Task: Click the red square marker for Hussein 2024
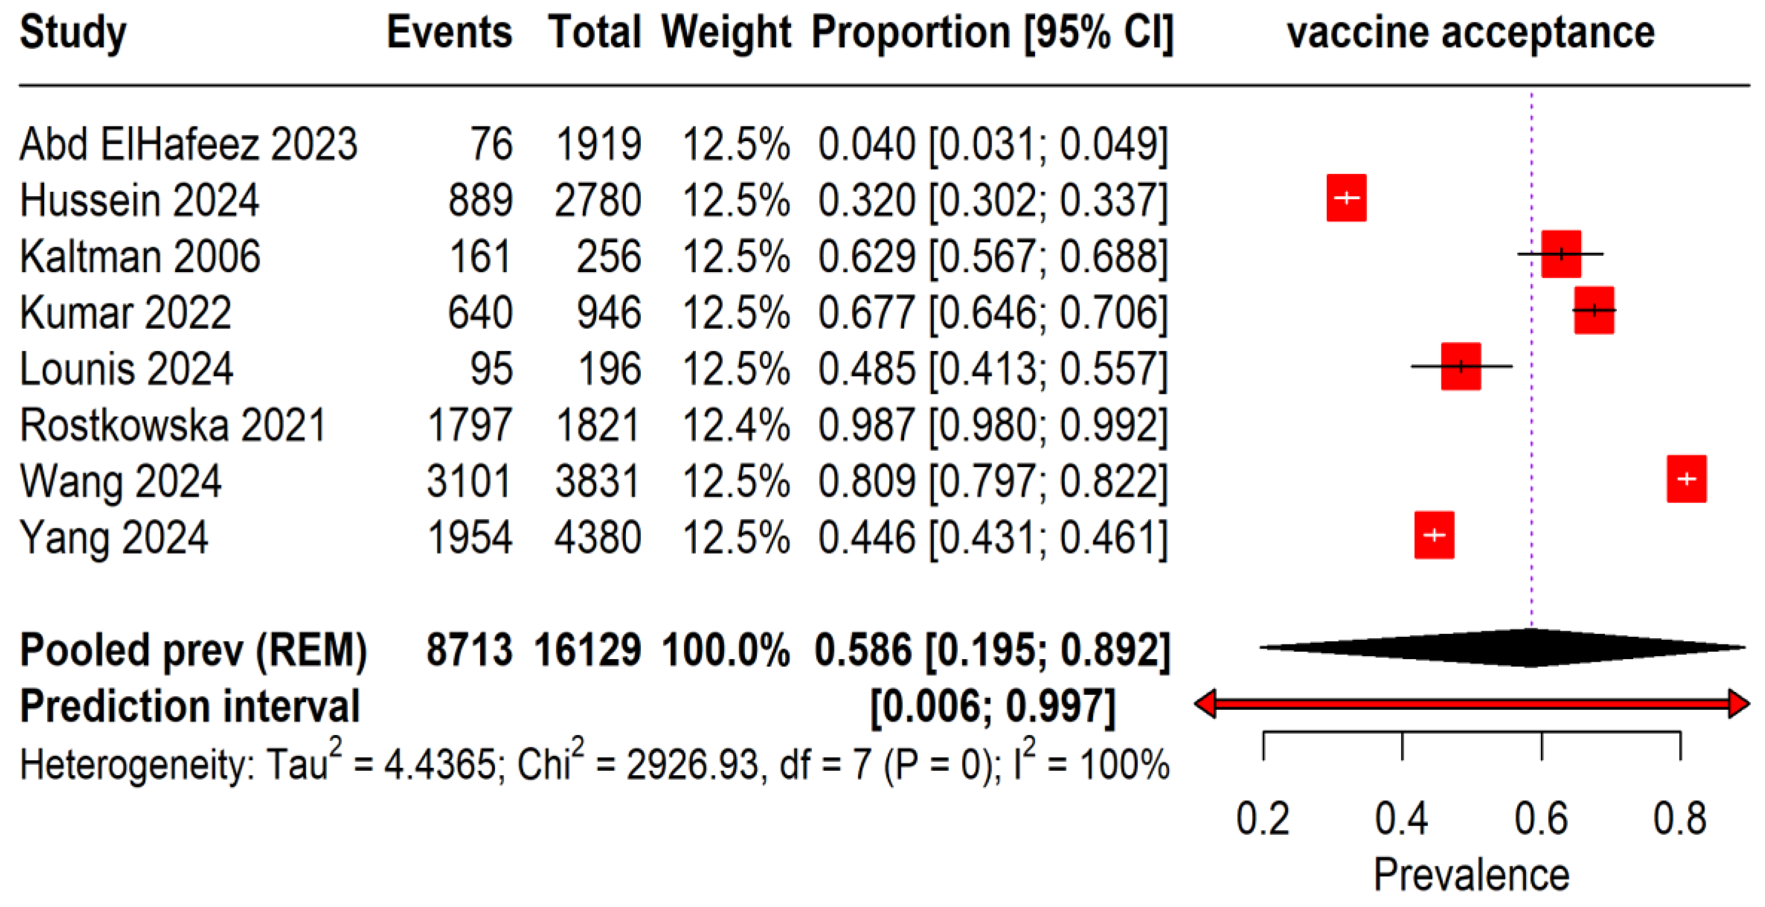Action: (1346, 198)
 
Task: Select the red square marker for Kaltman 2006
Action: (1561, 254)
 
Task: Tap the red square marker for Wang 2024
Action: (1686, 479)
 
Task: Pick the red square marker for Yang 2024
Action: (1434, 535)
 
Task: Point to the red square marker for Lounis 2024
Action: (1461, 366)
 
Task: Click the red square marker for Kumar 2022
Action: (1594, 310)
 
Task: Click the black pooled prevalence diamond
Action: (1507, 647)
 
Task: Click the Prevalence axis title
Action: (1471, 875)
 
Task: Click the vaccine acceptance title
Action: (1471, 32)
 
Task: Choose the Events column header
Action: (450, 32)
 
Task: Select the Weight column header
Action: (726, 32)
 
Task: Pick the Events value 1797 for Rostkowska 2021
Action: (469, 425)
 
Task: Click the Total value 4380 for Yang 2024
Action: (597, 537)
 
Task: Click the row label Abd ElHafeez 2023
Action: (188, 145)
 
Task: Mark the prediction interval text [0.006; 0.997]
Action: (993, 706)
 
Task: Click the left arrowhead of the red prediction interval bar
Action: (1204, 703)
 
